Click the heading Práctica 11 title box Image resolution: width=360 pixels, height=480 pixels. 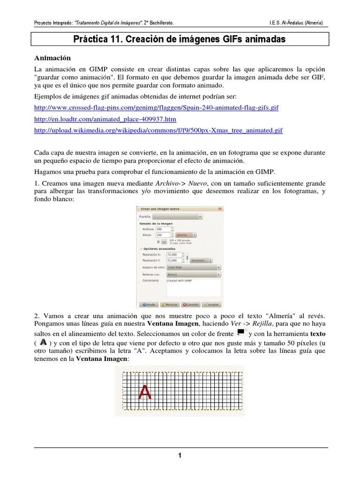pyautogui.click(x=180, y=39)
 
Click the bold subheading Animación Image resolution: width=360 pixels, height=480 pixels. pyautogui.click(x=52, y=58)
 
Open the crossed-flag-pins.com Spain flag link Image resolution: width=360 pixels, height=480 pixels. pyautogui.click(x=157, y=107)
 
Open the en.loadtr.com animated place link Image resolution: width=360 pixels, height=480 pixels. pyautogui.click(x=105, y=119)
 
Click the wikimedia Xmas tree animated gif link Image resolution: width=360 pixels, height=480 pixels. pyautogui.click(x=159, y=130)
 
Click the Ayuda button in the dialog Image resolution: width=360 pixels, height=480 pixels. pyautogui.click(x=149, y=304)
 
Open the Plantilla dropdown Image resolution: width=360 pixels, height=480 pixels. pyautogui.click(x=177, y=217)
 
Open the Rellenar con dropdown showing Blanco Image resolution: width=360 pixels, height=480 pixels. pyautogui.click(x=194, y=274)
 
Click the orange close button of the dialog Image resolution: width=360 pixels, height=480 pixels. pyautogui.click(x=220, y=209)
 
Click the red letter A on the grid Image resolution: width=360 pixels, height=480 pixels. pyautogui.click(x=144, y=392)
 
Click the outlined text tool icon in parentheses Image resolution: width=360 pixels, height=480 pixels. pyautogui.click(x=44, y=343)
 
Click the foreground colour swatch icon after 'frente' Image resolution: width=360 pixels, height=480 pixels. pyautogui.click(x=241, y=332)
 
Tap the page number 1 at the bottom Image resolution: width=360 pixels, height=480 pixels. pyautogui.click(x=180, y=455)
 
